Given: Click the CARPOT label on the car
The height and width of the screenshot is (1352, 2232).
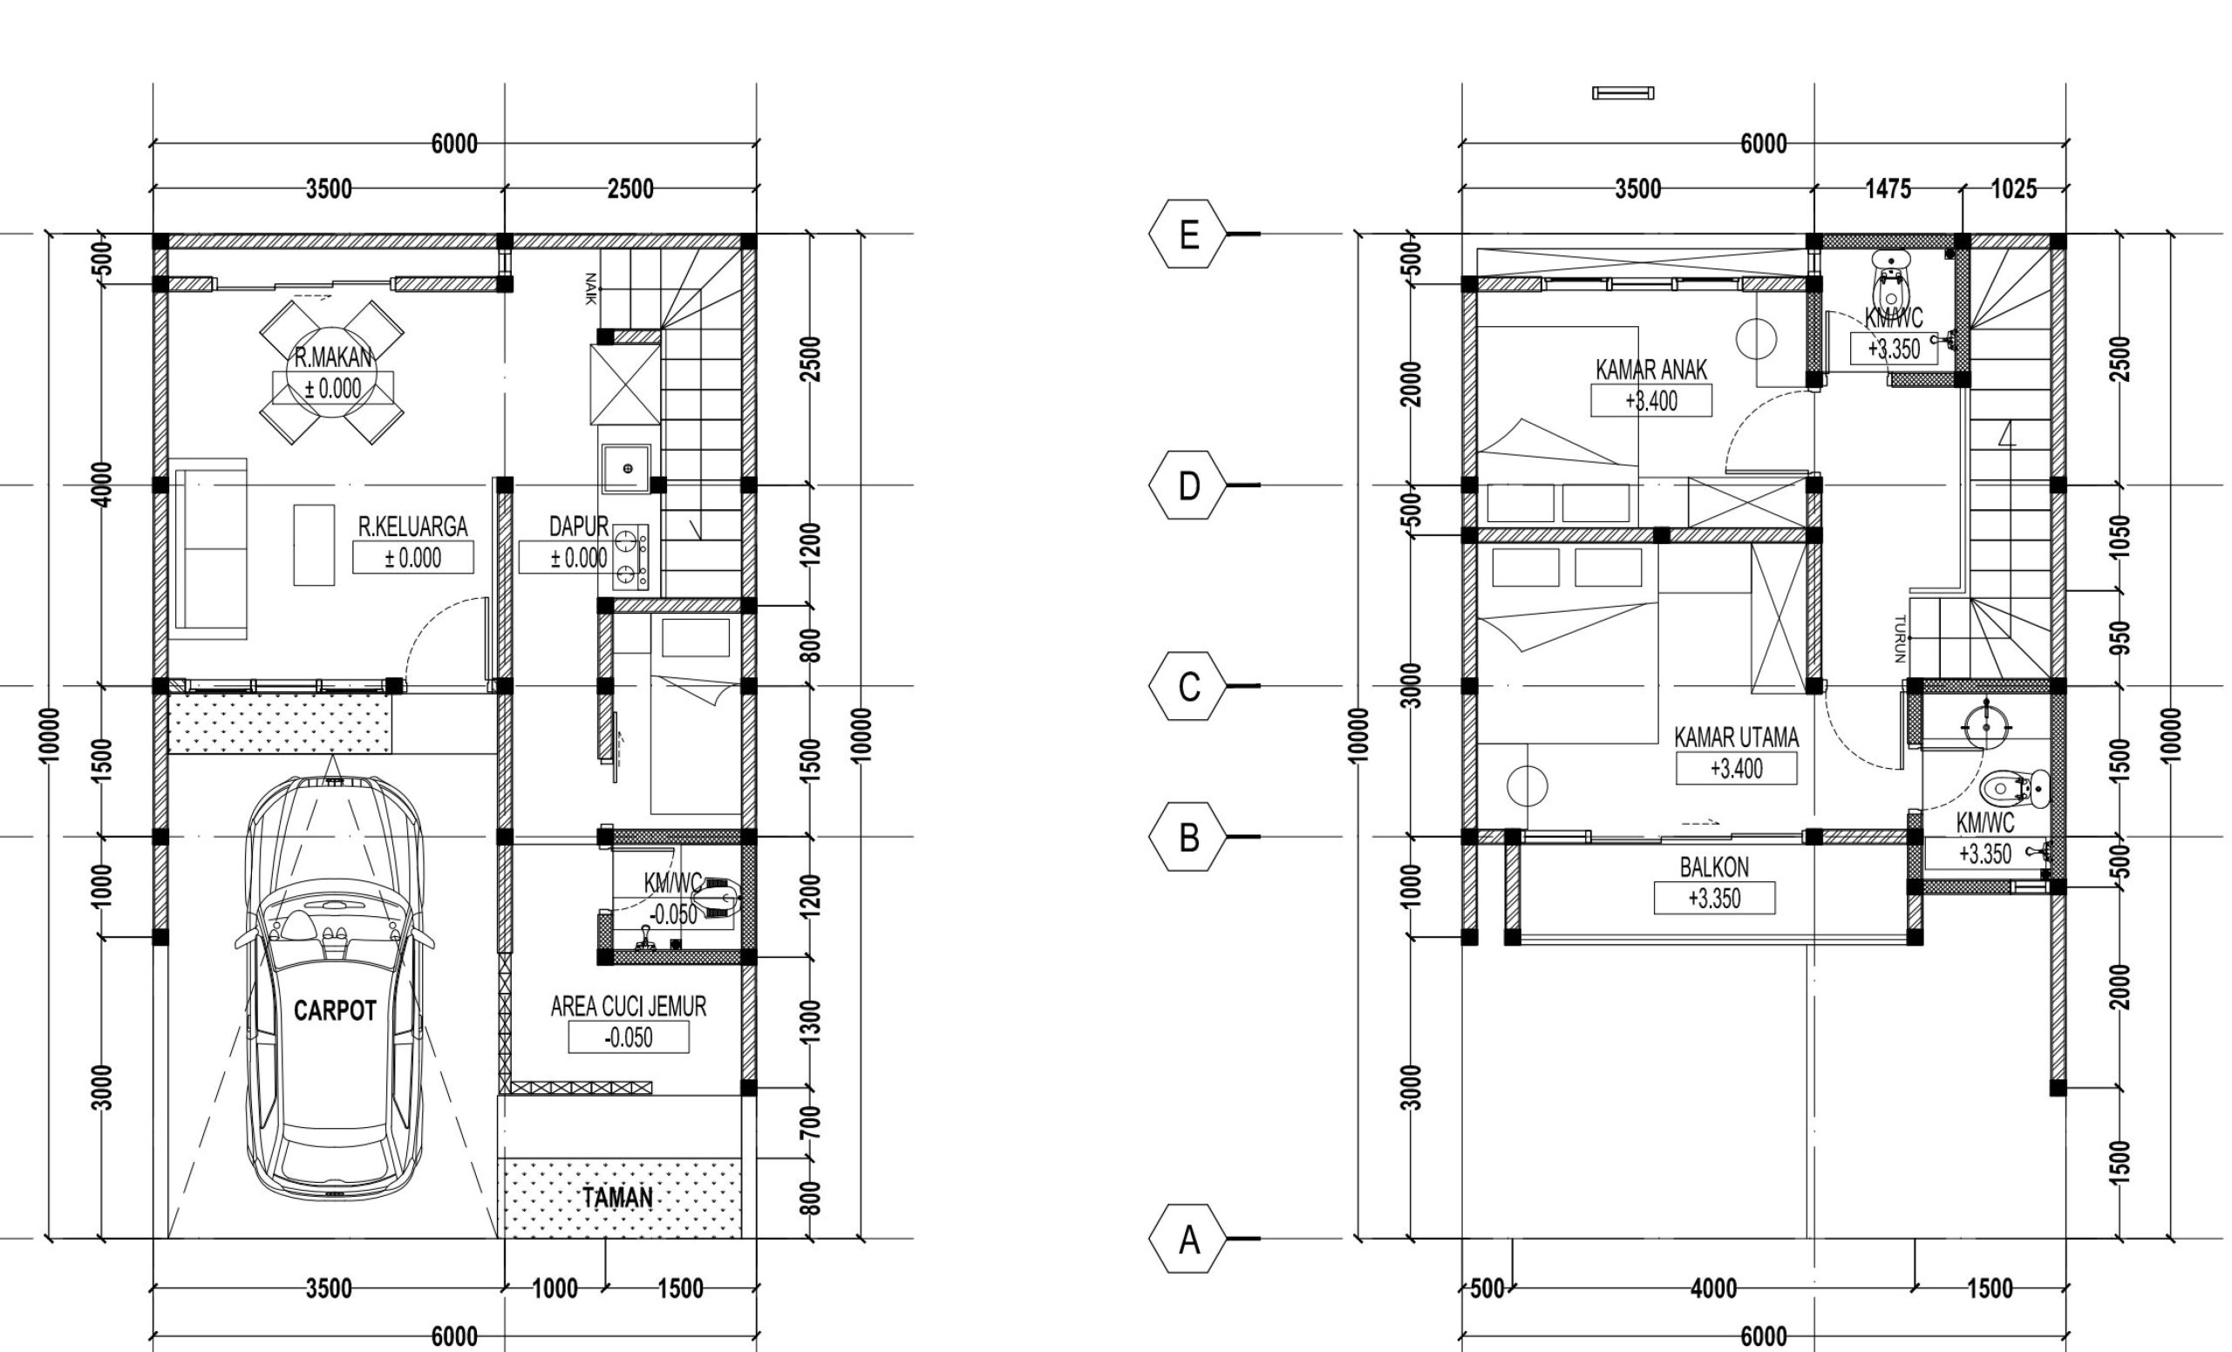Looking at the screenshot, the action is click(334, 1010).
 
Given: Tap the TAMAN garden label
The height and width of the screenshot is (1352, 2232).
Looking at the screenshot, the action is click(617, 1198).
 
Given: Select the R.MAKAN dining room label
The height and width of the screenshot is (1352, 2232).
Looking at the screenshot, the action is click(333, 357).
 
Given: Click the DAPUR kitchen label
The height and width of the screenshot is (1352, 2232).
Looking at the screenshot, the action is click(579, 527).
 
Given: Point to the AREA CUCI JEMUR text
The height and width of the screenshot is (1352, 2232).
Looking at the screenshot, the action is click(628, 1006).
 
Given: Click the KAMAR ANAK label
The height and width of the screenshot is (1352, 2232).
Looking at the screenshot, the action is click(1650, 370).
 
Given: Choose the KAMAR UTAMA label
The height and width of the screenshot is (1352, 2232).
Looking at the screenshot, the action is click(1736, 737).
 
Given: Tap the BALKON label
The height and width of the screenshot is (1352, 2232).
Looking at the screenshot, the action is click(1714, 867).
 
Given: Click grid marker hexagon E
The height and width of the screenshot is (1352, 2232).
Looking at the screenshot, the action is click(1188, 234).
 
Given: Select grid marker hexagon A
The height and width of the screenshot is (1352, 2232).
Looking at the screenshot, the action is click(1188, 1239).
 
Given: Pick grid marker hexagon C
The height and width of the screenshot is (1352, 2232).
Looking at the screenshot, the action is click(1188, 686).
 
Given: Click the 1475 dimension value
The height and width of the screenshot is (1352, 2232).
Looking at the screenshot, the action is click(1888, 189).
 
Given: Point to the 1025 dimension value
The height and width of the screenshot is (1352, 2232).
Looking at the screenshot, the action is click(2014, 189).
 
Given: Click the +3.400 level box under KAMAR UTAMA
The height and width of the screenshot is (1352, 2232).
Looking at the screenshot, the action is click(1737, 769).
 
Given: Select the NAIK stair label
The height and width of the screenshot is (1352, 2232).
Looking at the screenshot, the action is click(589, 289).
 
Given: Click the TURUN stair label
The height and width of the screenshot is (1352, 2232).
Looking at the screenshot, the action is click(1900, 639).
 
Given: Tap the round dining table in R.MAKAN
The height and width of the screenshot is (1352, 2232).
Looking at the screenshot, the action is click(332, 372).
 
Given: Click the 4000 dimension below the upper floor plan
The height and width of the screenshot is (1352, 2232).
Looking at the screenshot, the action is click(1713, 1287).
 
